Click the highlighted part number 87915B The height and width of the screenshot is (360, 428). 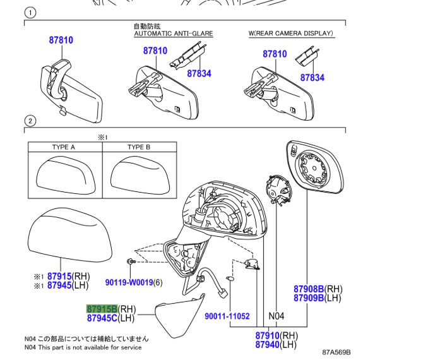pyautogui.click(x=102, y=308)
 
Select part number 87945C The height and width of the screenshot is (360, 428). pyautogui.click(x=102, y=318)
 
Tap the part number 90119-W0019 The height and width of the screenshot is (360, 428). pyautogui.click(x=129, y=282)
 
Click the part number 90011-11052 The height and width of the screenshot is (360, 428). pyautogui.click(x=227, y=316)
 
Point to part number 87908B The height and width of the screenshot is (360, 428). pyautogui.click(x=308, y=289)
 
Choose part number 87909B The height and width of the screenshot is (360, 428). pyautogui.click(x=308, y=297)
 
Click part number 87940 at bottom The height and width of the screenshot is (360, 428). pyautogui.click(x=268, y=344)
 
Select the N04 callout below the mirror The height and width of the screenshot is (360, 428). pyautogui.click(x=277, y=316)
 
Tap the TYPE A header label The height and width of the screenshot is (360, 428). pyautogui.click(x=64, y=147)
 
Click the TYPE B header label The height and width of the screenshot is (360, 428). pyautogui.click(x=139, y=147)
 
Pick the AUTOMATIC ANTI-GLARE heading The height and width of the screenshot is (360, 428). pyautogui.click(x=173, y=33)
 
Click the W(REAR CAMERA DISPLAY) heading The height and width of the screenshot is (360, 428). pyautogui.click(x=291, y=33)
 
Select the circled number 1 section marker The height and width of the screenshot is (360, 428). pyautogui.click(x=29, y=13)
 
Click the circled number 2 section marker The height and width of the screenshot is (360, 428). pyautogui.click(x=29, y=121)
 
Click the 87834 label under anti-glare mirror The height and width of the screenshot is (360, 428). pyautogui.click(x=199, y=74)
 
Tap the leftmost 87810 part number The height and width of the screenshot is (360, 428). pyautogui.click(x=61, y=40)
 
